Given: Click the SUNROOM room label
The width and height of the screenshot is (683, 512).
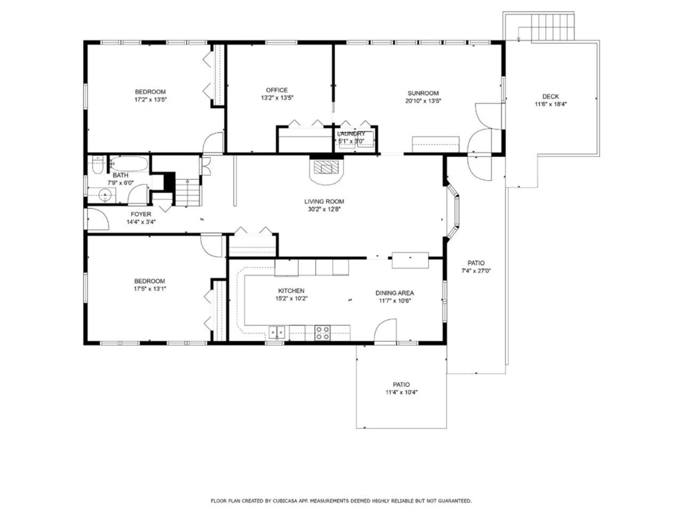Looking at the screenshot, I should tap(423, 93).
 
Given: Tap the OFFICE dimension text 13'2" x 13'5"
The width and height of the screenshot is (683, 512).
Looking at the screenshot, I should tap(277, 98).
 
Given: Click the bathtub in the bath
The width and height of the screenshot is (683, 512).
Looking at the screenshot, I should tap(128, 164).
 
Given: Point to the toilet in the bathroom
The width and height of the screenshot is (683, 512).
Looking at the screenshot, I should tap(97, 165).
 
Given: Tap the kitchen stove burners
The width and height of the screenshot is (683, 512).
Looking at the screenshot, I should tap(322, 333).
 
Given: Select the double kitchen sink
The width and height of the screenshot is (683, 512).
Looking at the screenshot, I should tap(277, 333).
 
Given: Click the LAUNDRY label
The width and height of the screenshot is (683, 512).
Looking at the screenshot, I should tap(351, 134).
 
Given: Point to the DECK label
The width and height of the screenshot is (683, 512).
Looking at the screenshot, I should tap(550, 96).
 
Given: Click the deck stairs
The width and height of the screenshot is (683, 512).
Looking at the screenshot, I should tap(552, 27).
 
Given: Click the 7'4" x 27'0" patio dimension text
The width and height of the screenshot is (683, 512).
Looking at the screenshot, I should tap(476, 271).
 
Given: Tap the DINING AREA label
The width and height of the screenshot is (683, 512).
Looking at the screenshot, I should tap(395, 293).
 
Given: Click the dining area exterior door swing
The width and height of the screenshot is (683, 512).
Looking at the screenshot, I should tap(386, 331).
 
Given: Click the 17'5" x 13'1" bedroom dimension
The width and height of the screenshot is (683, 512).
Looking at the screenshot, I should tap(150, 289).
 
